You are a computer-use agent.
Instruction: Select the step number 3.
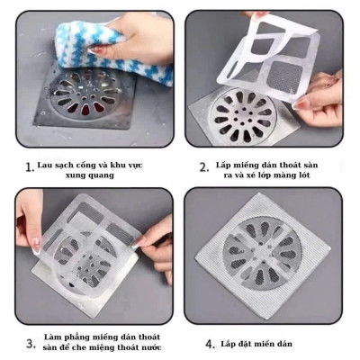pos(31,342)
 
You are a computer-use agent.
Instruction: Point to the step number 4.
pos(209,343)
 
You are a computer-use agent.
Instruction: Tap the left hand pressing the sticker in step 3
pos(30,225)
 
